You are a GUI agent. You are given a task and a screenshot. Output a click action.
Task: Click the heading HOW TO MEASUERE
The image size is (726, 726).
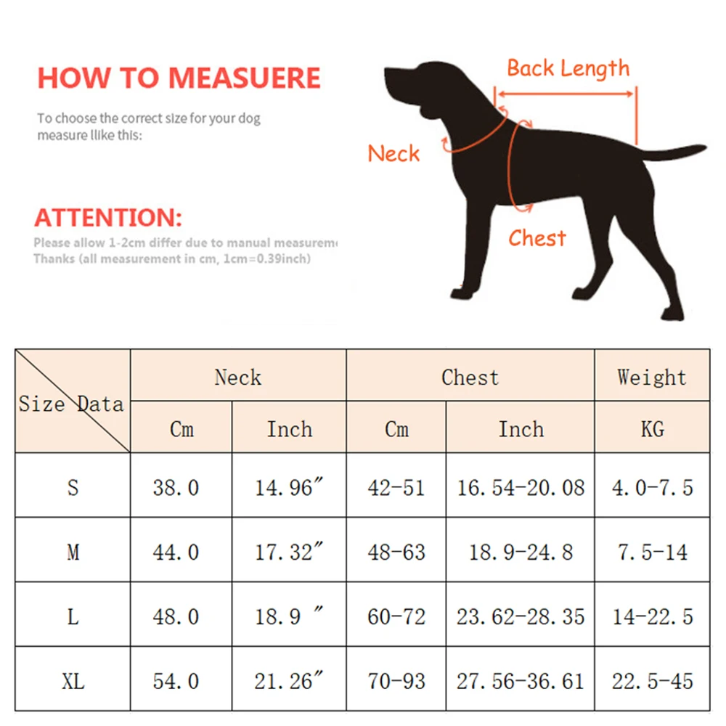pos(179,78)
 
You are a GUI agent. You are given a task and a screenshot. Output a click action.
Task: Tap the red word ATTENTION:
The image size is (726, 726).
pos(108,217)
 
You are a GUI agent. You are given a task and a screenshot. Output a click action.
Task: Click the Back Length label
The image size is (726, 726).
pos(568,68)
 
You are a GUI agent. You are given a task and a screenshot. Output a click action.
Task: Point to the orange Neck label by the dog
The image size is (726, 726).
pos(393,153)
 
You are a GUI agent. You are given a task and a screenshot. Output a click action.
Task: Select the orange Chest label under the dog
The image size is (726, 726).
pos(537,238)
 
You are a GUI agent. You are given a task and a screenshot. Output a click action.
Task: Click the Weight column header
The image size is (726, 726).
pos(651,377)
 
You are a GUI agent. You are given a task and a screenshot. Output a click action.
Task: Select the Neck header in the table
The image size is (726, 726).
pos(237,377)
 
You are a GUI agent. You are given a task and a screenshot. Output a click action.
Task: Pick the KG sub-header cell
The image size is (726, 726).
pos(651,429)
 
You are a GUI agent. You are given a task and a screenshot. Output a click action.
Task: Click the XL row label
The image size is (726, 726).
pos(73,681)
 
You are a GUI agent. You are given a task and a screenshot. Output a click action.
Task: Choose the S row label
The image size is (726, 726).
pos(73,487)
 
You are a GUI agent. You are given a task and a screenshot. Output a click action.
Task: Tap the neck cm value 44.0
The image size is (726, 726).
pos(176,552)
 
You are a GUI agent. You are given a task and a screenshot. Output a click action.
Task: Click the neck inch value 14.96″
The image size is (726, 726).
pos(288,487)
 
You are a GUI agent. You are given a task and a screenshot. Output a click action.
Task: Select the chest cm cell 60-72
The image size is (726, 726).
pos(396,616)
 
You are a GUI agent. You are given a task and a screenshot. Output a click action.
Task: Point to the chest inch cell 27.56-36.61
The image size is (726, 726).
pos(520,681)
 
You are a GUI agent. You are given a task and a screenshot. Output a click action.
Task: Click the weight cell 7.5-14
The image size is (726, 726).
pos(651,552)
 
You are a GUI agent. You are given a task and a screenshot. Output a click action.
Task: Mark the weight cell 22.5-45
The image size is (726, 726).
pos(651,681)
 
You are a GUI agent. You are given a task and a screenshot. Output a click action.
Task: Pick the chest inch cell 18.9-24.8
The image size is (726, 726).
pos(520,552)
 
